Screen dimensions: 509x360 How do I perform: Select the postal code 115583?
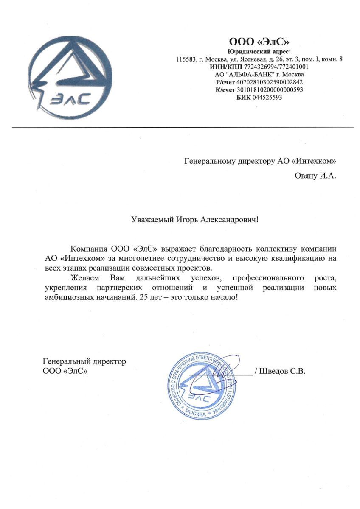[x=185, y=59]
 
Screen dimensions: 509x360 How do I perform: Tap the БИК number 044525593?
[x=267, y=98]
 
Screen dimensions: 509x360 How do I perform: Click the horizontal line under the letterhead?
[x=183, y=127]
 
